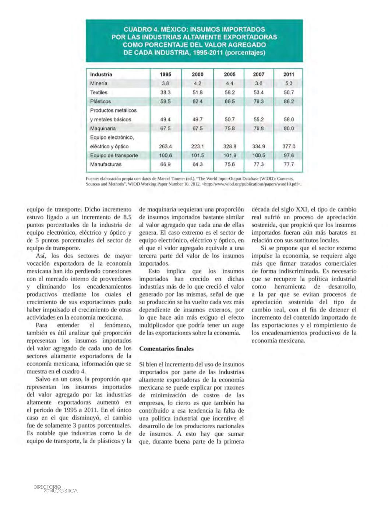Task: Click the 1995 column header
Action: tap(166, 74)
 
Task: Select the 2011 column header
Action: tap(289, 74)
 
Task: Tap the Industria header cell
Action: tap(101, 74)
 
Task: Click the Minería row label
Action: tap(99, 84)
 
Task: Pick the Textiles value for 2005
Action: tap(229, 92)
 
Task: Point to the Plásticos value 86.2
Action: tap(289, 102)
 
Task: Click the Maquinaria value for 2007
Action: tap(259, 128)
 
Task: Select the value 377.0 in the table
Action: tap(289, 146)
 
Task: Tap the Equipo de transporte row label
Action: tap(114, 155)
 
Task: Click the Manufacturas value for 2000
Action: tap(198, 164)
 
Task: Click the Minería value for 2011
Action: tap(289, 84)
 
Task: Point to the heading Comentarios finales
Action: tap(166, 349)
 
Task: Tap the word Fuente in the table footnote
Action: tap(92, 178)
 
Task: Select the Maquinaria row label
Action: tap(103, 128)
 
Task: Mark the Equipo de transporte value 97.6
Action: tap(289, 155)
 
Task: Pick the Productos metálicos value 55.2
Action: tap(259, 120)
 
